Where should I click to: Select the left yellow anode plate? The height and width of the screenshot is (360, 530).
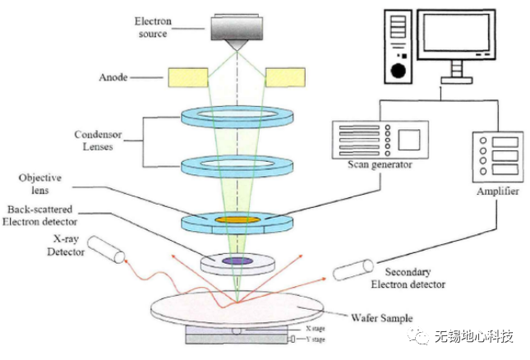coord(188,77)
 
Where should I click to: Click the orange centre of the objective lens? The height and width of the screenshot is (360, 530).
coord(237,220)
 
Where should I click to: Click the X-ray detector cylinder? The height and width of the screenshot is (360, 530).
coord(106,252)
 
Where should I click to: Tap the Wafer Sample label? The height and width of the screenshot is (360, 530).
coord(382,318)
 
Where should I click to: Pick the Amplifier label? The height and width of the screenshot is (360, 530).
coord(493,189)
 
